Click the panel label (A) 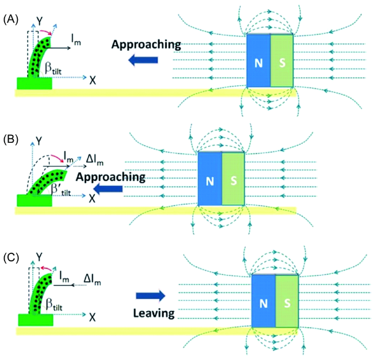11,19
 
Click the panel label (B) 11,139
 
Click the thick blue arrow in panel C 150,296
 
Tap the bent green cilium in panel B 46,176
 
